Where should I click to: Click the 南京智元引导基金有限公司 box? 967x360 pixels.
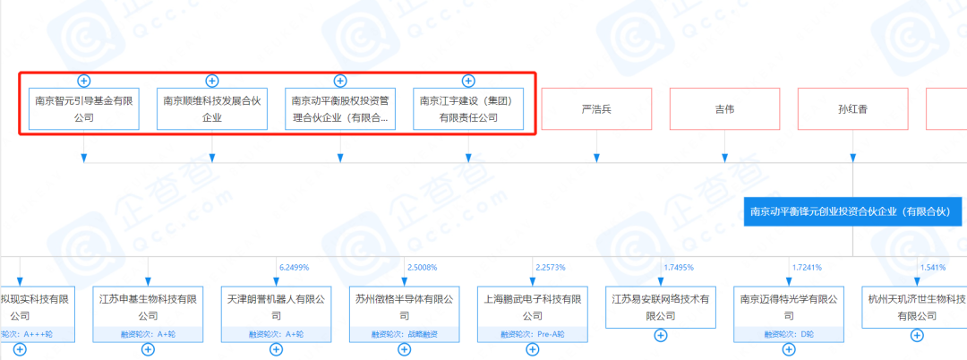(x=83, y=109)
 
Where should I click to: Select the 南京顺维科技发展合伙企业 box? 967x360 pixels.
(x=212, y=109)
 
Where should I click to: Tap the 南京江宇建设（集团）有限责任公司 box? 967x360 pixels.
(x=468, y=109)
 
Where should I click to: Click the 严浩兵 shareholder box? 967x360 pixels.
(x=596, y=109)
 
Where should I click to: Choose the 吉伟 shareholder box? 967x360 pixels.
(x=724, y=109)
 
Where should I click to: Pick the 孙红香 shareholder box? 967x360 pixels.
(x=852, y=109)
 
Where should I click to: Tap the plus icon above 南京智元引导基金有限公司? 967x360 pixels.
(x=83, y=81)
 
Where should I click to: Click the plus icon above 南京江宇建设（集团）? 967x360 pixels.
(x=468, y=81)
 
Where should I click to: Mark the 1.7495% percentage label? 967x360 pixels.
(x=679, y=267)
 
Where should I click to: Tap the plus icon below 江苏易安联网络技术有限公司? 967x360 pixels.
(x=661, y=336)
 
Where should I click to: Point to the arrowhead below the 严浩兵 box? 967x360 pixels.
(x=596, y=158)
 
